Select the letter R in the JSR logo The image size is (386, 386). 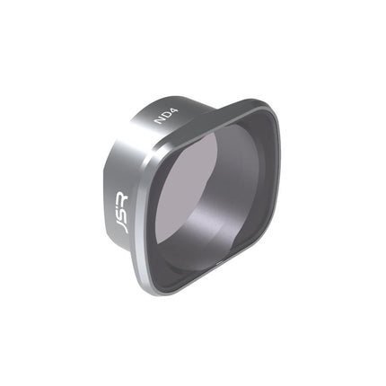tap(122, 196)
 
